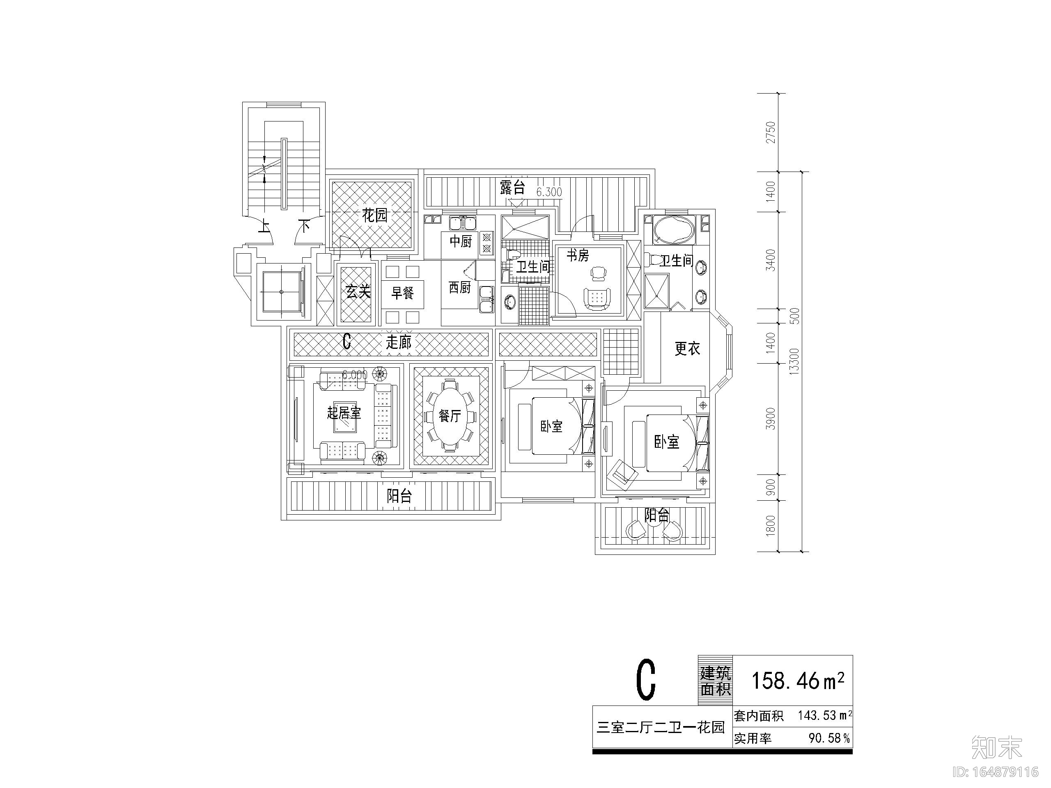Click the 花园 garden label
[374, 215]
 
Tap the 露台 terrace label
[512, 187]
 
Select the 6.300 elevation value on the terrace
[549, 192]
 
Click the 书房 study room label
[577, 256]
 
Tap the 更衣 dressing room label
[687, 349]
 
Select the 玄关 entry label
[357, 291]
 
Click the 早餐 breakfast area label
[402, 293]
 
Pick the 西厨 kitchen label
[459, 287]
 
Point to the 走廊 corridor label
[398, 342]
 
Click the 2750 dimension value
[771, 132]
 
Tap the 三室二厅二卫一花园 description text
[661, 727]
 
